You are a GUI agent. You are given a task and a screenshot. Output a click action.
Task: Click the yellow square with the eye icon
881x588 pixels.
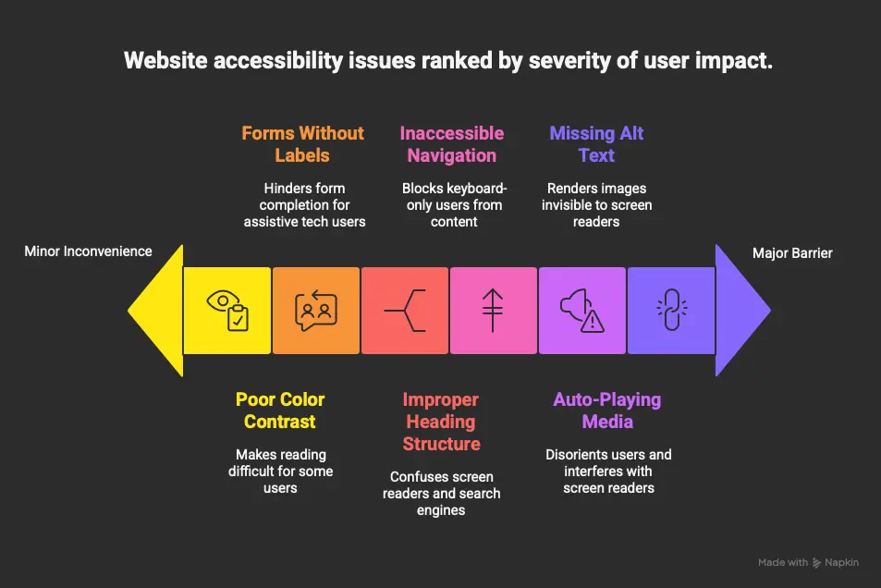(x=226, y=311)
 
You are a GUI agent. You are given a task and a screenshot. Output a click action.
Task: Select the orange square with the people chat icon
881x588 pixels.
(x=315, y=311)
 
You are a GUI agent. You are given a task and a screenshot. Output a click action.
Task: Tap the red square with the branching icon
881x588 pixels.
(x=405, y=311)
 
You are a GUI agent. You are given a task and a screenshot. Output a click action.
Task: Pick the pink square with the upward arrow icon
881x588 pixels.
(x=494, y=311)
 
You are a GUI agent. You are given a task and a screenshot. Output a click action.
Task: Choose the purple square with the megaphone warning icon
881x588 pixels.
(x=582, y=311)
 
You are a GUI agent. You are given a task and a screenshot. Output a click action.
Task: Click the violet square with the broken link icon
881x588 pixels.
(x=671, y=311)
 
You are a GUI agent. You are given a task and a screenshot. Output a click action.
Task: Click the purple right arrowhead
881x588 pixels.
(x=742, y=311)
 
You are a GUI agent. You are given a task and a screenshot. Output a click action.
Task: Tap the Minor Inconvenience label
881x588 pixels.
(x=88, y=251)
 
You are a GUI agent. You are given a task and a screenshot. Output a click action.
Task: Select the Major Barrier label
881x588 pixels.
(x=792, y=252)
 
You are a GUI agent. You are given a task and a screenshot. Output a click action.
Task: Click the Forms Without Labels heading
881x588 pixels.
(x=303, y=144)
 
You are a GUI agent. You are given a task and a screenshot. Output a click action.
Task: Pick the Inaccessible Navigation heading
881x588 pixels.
(x=452, y=144)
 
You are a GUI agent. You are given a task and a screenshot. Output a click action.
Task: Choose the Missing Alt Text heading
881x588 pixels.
(x=596, y=144)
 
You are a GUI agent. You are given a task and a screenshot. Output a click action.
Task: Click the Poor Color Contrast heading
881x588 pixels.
(x=280, y=410)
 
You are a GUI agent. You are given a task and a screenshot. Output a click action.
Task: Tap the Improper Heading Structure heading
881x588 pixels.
(x=441, y=422)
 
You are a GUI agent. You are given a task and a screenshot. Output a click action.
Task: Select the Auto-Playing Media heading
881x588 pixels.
(x=607, y=410)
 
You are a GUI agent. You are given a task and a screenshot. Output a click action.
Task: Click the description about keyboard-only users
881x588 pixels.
(x=455, y=204)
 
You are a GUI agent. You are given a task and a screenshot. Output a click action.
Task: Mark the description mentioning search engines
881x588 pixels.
(x=441, y=493)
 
